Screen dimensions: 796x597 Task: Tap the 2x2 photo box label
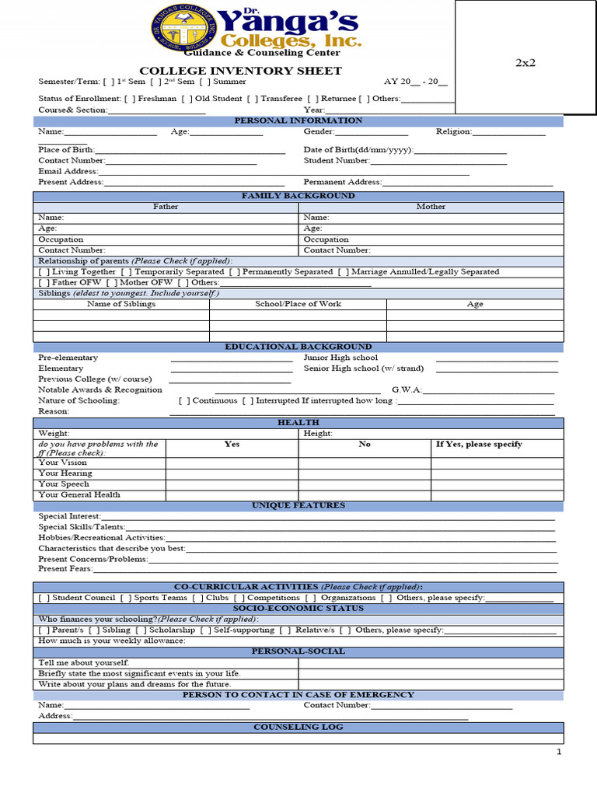pos(525,63)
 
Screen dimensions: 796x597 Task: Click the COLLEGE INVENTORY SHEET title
pos(240,71)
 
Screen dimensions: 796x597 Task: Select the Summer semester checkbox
pos(204,82)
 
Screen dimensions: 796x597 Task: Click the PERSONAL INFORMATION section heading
pos(298,120)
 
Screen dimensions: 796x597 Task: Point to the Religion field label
pos(453,131)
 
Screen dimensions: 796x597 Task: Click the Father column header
pos(166,207)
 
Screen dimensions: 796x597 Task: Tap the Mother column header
pos(431,207)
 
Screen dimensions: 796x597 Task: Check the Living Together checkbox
pos(44,272)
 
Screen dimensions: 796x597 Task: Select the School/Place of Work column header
pos(298,304)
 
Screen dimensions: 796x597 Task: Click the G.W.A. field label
pos(407,389)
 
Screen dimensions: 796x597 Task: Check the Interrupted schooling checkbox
pos(247,401)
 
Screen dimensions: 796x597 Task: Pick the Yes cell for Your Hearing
pos(232,473)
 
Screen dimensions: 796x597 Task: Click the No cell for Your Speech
pos(365,484)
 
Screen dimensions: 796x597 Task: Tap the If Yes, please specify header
pos(479,444)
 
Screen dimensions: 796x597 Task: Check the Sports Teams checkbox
pos(125,598)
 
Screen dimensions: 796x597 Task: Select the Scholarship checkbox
pos(141,630)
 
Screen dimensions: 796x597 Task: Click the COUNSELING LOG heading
pos(298,727)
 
